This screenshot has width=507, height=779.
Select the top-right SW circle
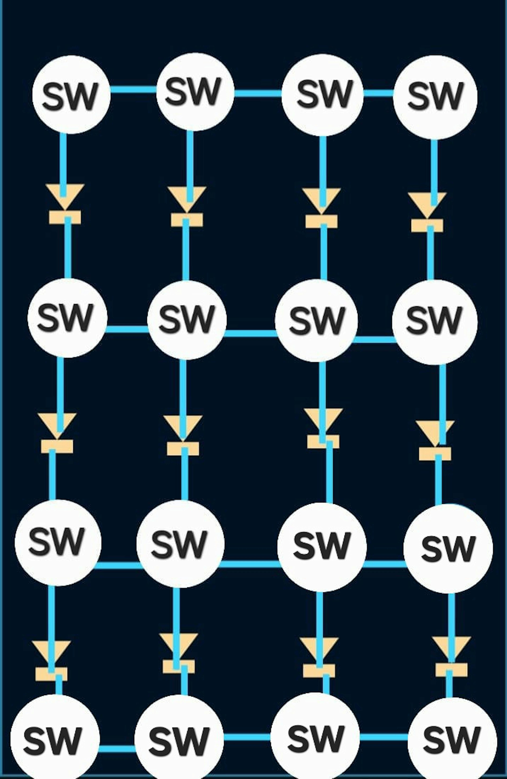435,97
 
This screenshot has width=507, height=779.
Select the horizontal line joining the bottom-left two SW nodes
117,748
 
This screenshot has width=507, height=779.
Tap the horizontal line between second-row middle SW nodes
250,333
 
